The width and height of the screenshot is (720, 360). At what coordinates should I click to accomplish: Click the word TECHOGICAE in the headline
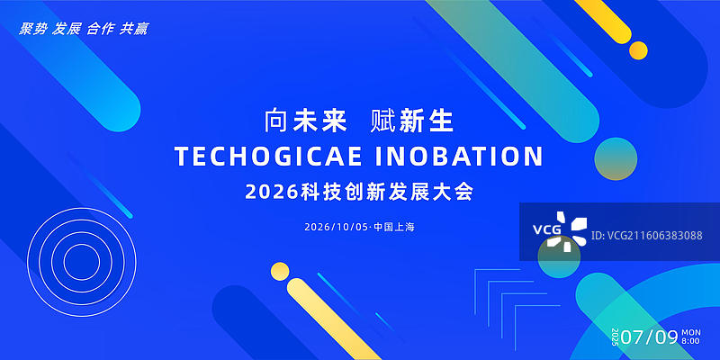pos(268,157)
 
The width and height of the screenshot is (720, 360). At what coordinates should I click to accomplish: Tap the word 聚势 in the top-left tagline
pos(33,29)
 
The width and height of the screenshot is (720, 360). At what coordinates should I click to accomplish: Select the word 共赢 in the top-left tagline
pos(134,29)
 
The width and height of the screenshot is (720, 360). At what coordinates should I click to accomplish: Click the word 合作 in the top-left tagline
pos(101,29)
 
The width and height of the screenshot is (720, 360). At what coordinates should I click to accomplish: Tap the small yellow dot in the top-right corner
pos(638,50)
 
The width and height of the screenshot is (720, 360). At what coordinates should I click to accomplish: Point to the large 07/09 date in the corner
pos(649,337)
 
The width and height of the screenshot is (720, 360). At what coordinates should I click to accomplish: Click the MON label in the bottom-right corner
pos(691,333)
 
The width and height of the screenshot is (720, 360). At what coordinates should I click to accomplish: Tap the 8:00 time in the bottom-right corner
pos(691,342)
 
